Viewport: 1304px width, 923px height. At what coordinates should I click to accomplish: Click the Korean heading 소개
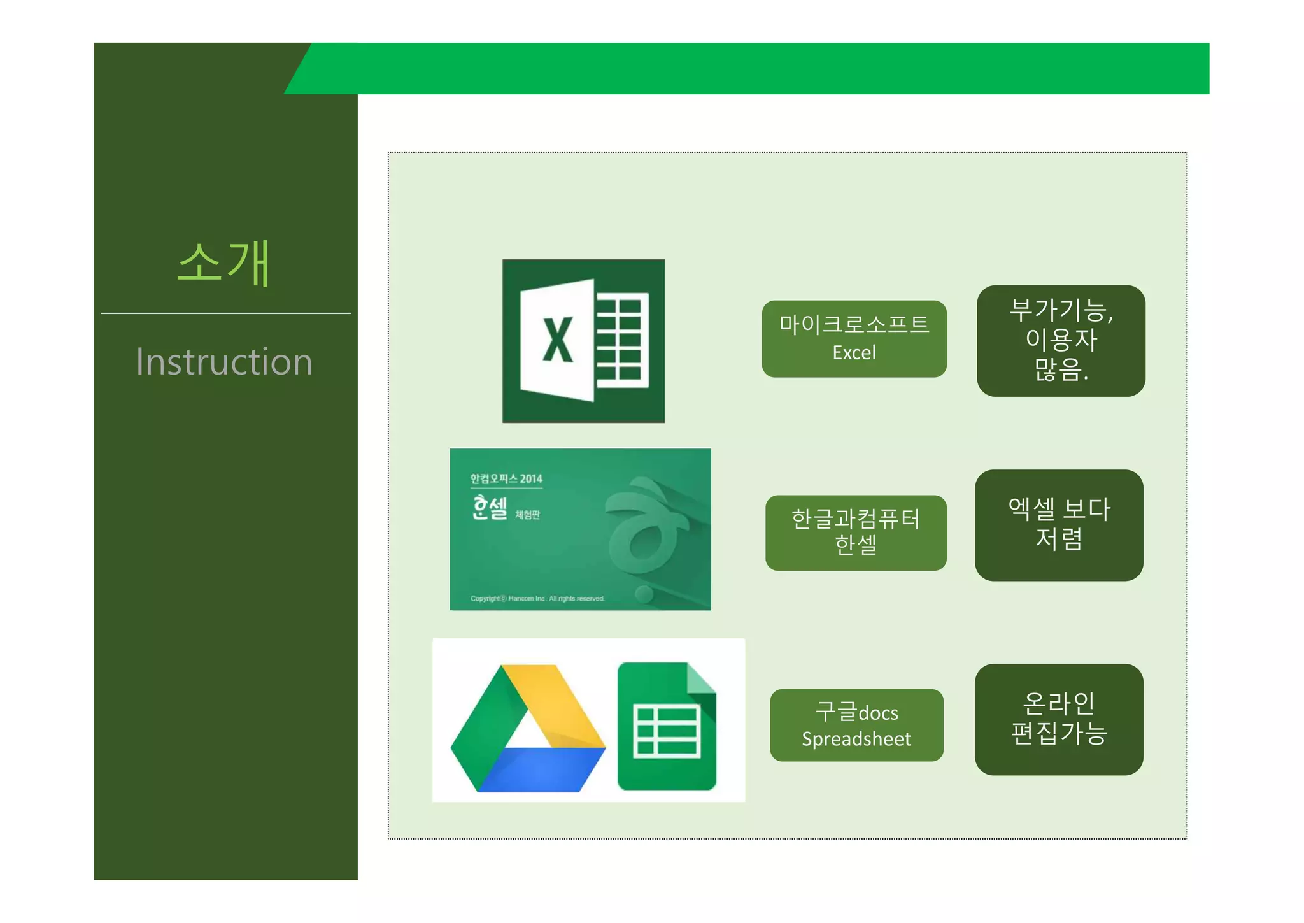click(224, 263)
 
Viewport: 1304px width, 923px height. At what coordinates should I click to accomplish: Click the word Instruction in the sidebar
click(224, 362)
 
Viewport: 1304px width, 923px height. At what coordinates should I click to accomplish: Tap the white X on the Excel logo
click(557, 340)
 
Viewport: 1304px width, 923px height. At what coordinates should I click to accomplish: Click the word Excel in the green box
click(854, 353)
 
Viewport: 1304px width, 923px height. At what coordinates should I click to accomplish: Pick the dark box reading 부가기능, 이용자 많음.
click(1061, 341)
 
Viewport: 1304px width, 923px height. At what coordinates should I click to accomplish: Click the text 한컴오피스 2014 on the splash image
click(506, 479)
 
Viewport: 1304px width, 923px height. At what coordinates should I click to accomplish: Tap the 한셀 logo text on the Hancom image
click(490, 508)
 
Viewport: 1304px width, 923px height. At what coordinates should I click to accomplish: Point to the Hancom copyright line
click(537, 599)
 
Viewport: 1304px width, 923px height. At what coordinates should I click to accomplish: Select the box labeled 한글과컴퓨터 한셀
click(856, 533)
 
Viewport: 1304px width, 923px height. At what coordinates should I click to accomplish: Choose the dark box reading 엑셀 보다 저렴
click(1059, 525)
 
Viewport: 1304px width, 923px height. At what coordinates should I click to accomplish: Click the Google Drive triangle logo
click(528, 729)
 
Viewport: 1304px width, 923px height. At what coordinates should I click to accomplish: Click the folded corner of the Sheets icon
click(702, 678)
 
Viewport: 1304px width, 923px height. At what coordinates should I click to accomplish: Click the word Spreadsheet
click(856, 739)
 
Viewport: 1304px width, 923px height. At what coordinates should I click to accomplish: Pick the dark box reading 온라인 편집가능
click(1059, 719)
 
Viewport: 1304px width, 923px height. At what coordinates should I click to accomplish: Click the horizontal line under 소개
click(225, 313)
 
